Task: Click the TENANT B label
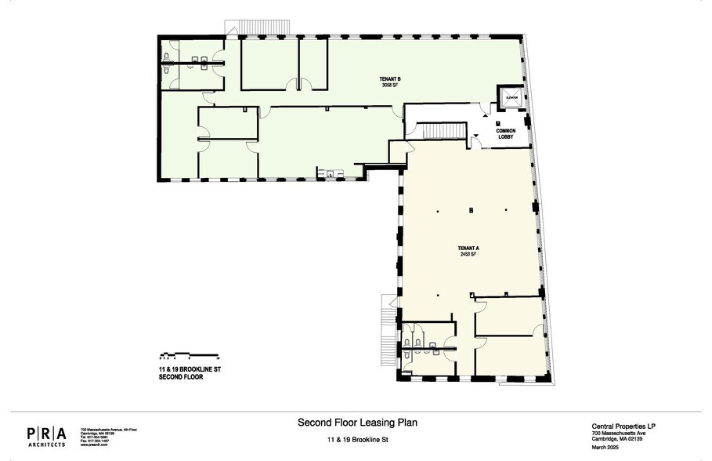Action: (391, 79)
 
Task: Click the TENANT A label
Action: (468, 249)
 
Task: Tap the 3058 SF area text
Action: (391, 85)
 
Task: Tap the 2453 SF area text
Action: (468, 255)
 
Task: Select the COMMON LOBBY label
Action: (505, 134)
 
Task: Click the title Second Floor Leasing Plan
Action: (357, 423)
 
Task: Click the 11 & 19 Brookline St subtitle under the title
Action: (357, 440)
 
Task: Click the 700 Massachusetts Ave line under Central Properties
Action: (618, 434)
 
